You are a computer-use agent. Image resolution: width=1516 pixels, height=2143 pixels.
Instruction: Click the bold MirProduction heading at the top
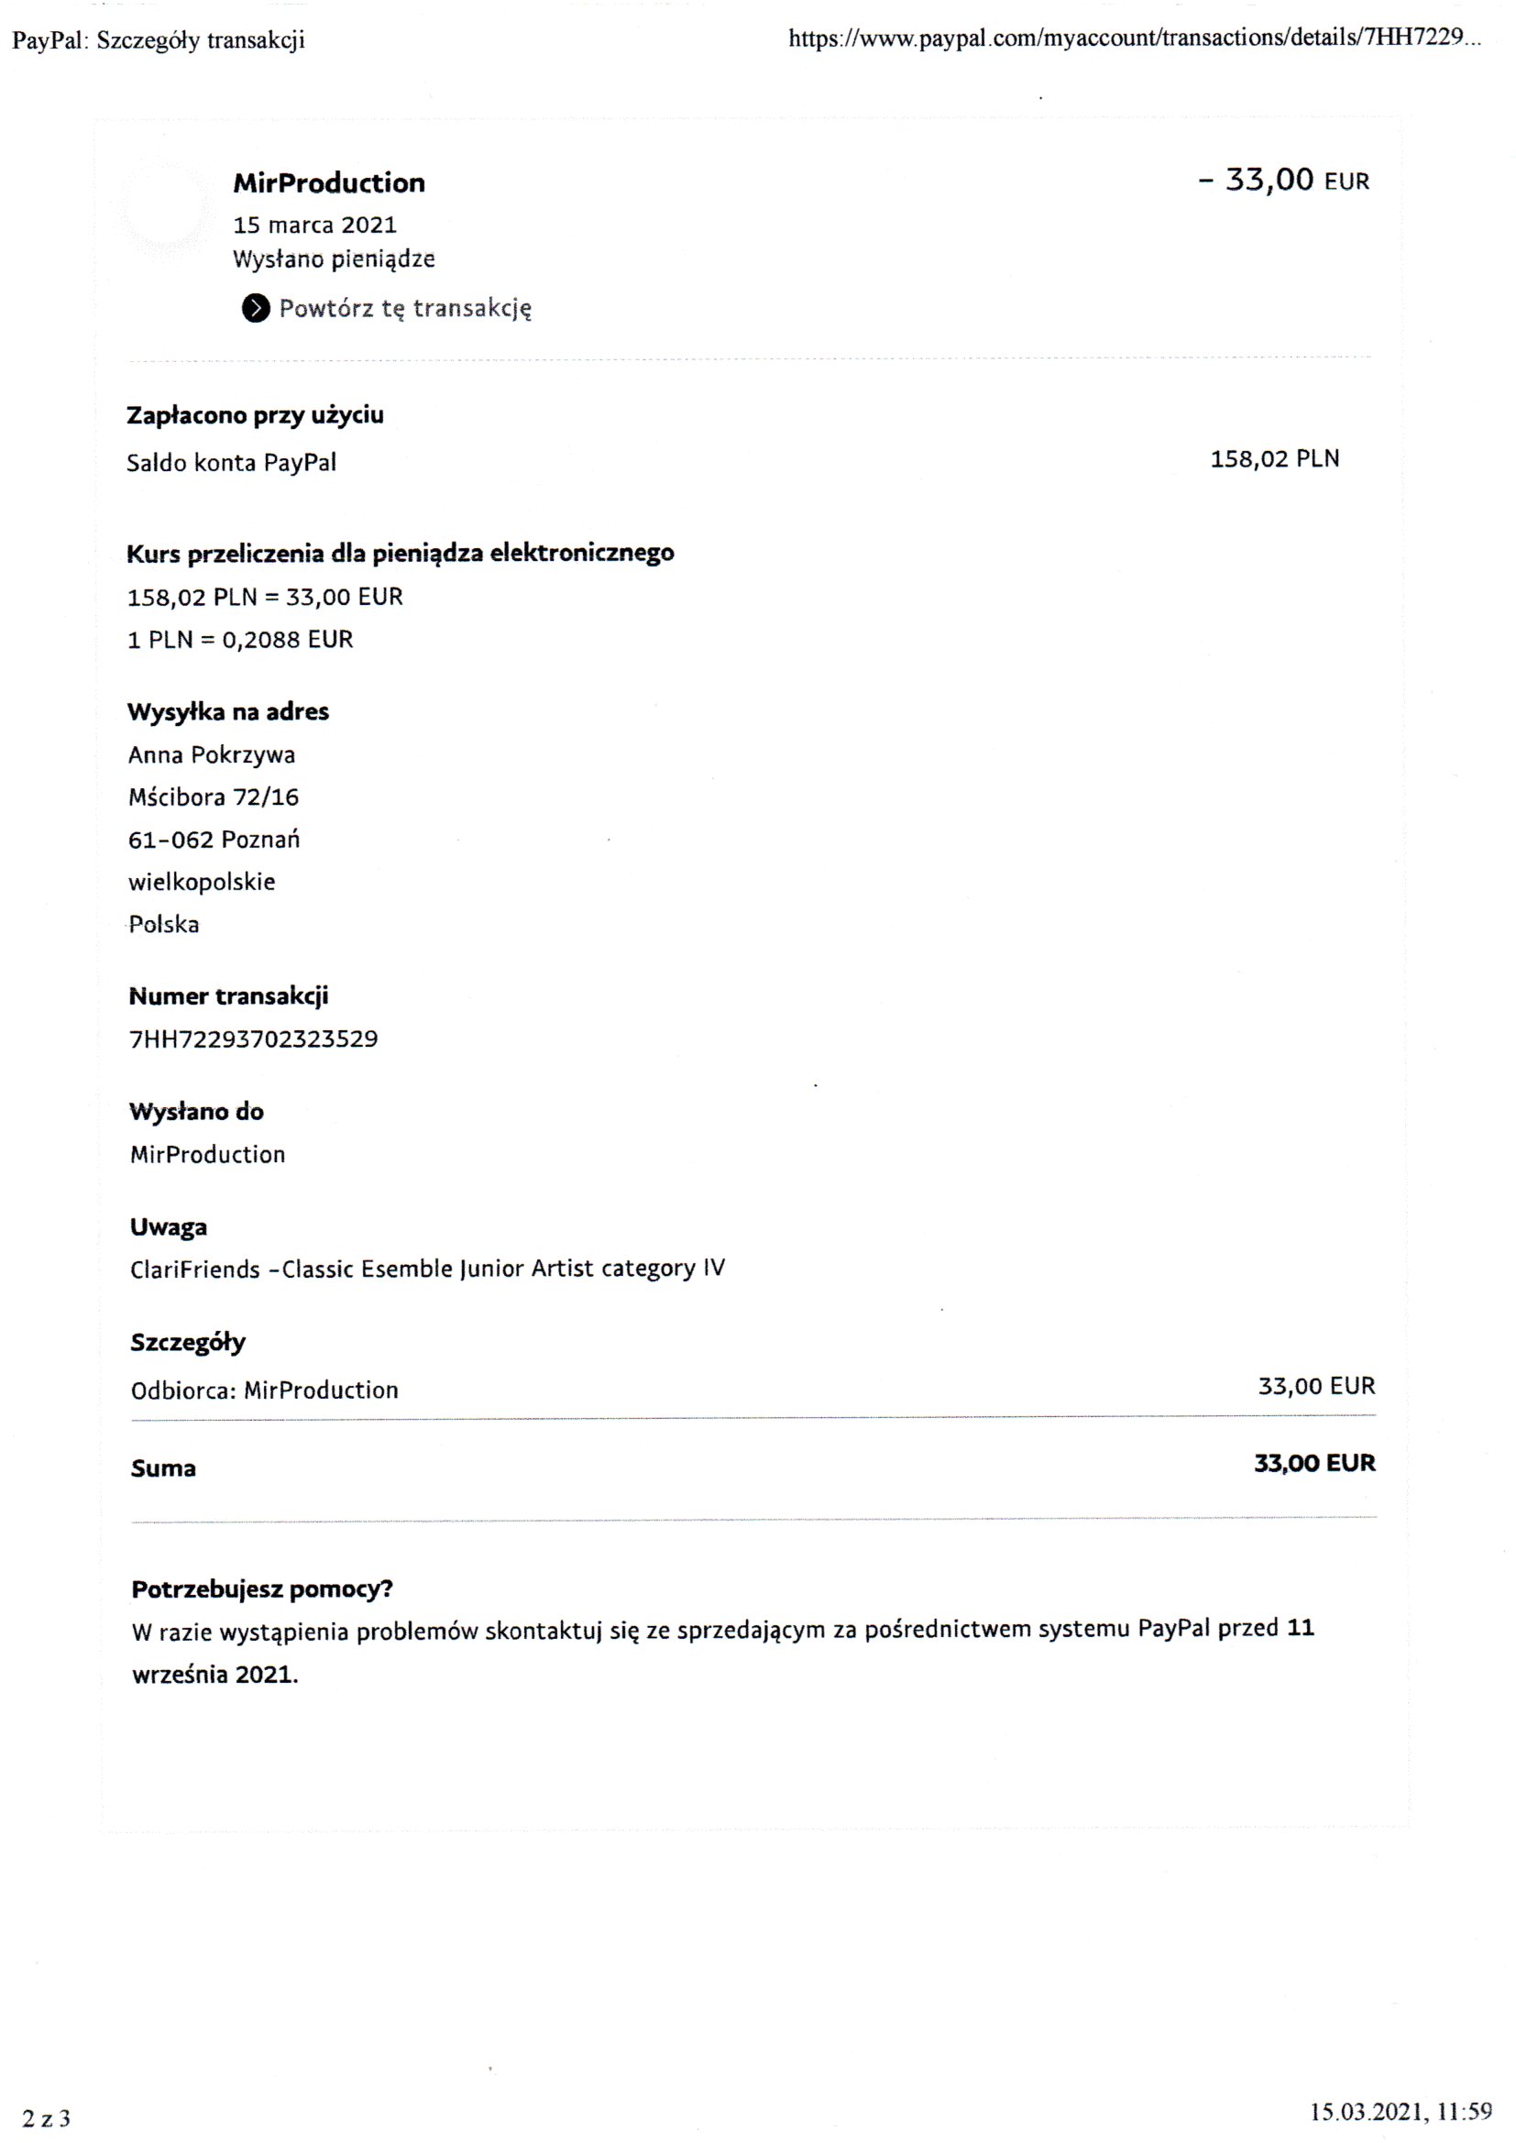[x=329, y=183]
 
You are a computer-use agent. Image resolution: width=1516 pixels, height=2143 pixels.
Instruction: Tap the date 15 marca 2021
[x=314, y=225]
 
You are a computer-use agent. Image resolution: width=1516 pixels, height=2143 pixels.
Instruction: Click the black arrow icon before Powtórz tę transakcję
[x=255, y=308]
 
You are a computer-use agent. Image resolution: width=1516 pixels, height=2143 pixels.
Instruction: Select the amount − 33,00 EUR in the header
[x=1282, y=181]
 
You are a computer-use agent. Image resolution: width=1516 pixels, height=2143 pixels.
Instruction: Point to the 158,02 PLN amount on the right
[x=1274, y=459]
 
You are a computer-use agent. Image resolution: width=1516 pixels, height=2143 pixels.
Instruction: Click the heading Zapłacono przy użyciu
[x=255, y=415]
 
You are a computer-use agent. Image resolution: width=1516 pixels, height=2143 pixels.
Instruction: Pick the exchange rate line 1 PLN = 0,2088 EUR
[x=240, y=640]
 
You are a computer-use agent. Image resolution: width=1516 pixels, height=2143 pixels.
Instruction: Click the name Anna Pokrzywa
[x=211, y=754]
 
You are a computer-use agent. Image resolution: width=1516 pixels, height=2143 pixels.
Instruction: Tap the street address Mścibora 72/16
[x=213, y=797]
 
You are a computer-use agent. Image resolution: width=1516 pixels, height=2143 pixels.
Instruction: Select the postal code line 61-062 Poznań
[x=214, y=840]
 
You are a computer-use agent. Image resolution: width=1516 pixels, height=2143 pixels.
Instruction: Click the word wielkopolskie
[x=202, y=882]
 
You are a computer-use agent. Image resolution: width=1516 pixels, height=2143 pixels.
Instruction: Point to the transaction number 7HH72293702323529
[x=253, y=1039]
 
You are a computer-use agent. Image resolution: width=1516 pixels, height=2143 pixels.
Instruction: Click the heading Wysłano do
[x=196, y=1112]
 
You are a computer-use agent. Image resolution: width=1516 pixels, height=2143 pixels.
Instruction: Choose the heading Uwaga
[x=168, y=1227]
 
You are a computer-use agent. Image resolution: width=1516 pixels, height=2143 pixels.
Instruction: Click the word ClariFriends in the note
[x=195, y=1269]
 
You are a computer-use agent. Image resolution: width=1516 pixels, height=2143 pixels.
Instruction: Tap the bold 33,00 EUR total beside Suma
[x=1313, y=1464]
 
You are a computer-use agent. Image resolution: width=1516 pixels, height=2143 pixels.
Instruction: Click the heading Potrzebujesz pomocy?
[x=261, y=1588]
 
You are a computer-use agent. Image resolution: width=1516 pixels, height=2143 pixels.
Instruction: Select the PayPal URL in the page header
[x=1133, y=39]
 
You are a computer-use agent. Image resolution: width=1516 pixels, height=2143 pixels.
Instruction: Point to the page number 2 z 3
[x=46, y=2118]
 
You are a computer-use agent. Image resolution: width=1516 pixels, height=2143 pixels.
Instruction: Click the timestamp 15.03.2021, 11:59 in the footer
[x=1401, y=2111]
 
